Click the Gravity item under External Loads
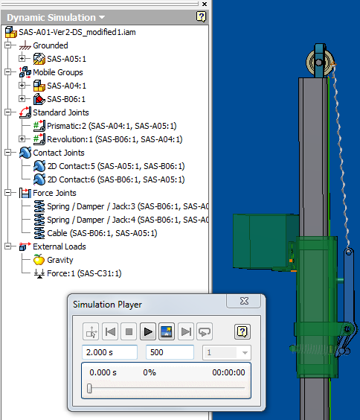[60, 260]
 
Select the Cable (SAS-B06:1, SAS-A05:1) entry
[102, 233]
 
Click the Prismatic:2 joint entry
[112, 126]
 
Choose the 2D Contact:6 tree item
[116, 179]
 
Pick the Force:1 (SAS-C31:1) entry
[84, 273]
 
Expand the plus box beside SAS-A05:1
[22, 58]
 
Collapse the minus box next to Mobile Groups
[7, 71]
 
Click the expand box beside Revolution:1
[22, 139]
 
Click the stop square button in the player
[129, 331]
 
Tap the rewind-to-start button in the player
[110, 331]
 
